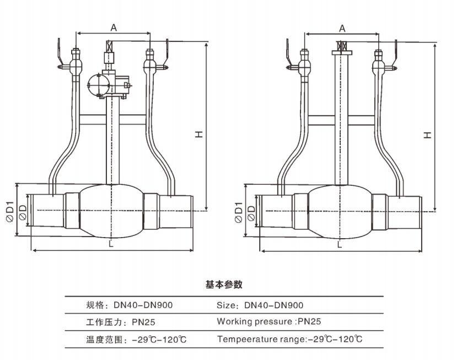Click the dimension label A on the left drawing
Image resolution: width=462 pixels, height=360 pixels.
pyautogui.click(x=114, y=26)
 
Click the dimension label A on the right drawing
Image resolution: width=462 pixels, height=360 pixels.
pyautogui.click(x=342, y=28)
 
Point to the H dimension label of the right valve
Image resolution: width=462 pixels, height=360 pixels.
pyautogui.click(x=428, y=134)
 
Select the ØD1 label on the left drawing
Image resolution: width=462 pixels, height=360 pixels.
pyautogui.click(x=9, y=211)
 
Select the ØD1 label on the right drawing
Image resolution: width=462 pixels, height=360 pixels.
pyautogui.click(x=238, y=212)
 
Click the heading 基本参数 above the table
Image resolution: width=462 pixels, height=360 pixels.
pyautogui.click(x=224, y=285)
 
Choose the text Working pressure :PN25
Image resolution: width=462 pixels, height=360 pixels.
pyautogui.click(x=268, y=321)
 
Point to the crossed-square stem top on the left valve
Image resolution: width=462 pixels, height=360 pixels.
pyautogui.click(x=109, y=46)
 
